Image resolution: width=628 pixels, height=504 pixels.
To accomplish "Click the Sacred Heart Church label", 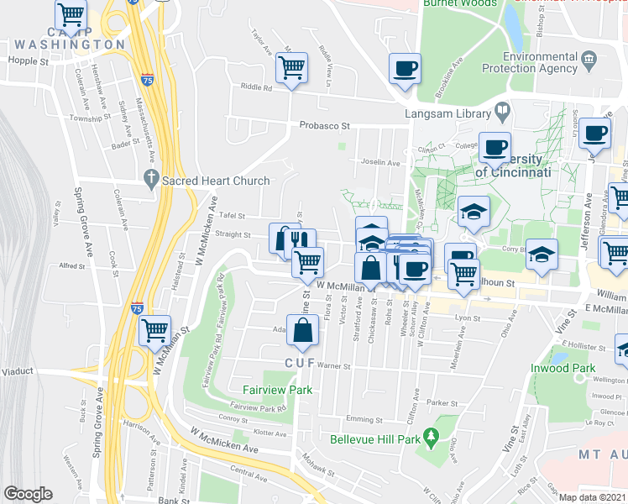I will point(217,181).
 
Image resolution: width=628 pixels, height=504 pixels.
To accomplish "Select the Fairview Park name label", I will point(277,390).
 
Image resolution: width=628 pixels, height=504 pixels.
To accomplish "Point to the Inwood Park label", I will point(563,369).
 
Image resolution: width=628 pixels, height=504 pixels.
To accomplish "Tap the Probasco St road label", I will point(323,125).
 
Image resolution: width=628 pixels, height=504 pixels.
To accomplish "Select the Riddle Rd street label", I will point(256,87).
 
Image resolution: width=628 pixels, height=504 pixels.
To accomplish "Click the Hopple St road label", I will point(29,61).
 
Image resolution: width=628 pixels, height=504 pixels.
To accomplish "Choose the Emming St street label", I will point(364,419).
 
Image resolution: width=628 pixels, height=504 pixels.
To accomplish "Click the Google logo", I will point(28,494).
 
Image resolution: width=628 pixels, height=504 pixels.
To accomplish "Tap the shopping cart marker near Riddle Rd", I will point(291,66).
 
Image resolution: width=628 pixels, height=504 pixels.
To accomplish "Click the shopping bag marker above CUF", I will point(302,329).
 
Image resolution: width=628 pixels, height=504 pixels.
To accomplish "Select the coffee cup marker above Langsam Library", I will point(405,68).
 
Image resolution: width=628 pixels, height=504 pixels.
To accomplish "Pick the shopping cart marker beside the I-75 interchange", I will point(154,331).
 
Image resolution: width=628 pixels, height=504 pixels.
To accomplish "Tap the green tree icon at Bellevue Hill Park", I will point(432,436).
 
